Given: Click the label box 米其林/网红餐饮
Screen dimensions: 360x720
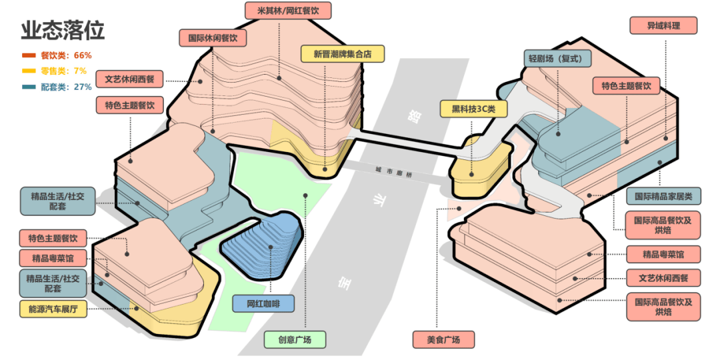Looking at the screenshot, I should pyautogui.click(x=288, y=11).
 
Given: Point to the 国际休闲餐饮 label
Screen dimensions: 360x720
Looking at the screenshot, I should pyautogui.click(x=213, y=37).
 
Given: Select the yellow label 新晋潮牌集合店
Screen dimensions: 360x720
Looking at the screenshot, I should pyautogui.click(x=344, y=54).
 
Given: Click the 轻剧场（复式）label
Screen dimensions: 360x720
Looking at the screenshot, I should pyautogui.click(x=557, y=59).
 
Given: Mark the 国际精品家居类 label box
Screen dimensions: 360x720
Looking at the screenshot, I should pyautogui.click(x=663, y=196).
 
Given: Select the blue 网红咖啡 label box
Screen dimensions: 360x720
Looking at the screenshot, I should pyautogui.click(x=264, y=304).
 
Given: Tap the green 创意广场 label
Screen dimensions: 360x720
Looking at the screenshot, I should pyautogui.click(x=296, y=339).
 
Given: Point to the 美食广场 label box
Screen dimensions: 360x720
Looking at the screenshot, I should pyautogui.click(x=445, y=339).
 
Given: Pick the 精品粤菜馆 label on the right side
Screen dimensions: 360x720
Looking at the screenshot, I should pyautogui.click(x=663, y=254).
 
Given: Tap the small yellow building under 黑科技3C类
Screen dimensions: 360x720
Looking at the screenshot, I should pyautogui.click(x=476, y=167).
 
